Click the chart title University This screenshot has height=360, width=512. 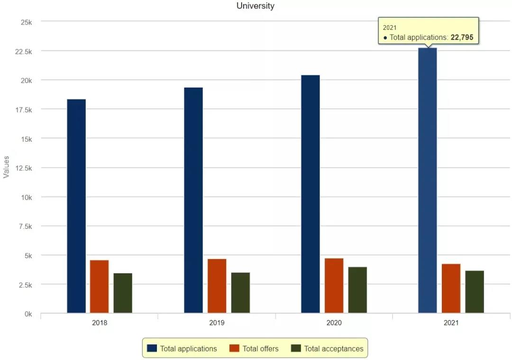point(256,6)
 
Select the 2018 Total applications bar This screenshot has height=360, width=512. point(76,206)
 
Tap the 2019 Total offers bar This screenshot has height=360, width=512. point(217,286)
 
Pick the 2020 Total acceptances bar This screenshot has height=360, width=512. point(357,289)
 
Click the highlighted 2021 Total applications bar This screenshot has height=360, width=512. point(427,180)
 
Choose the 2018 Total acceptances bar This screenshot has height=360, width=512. point(123,293)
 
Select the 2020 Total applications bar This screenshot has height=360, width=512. point(311,194)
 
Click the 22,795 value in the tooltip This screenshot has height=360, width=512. point(462,37)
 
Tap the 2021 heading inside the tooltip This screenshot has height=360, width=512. point(390,28)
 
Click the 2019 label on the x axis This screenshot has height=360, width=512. point(217,323)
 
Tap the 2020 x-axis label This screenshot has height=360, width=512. point(334,323)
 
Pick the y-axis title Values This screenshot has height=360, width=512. point(6,167)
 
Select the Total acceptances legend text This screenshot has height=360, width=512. point(334,349)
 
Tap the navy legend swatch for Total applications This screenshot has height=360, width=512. point(152,348)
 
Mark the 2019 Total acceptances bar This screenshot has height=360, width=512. point(240,292)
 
